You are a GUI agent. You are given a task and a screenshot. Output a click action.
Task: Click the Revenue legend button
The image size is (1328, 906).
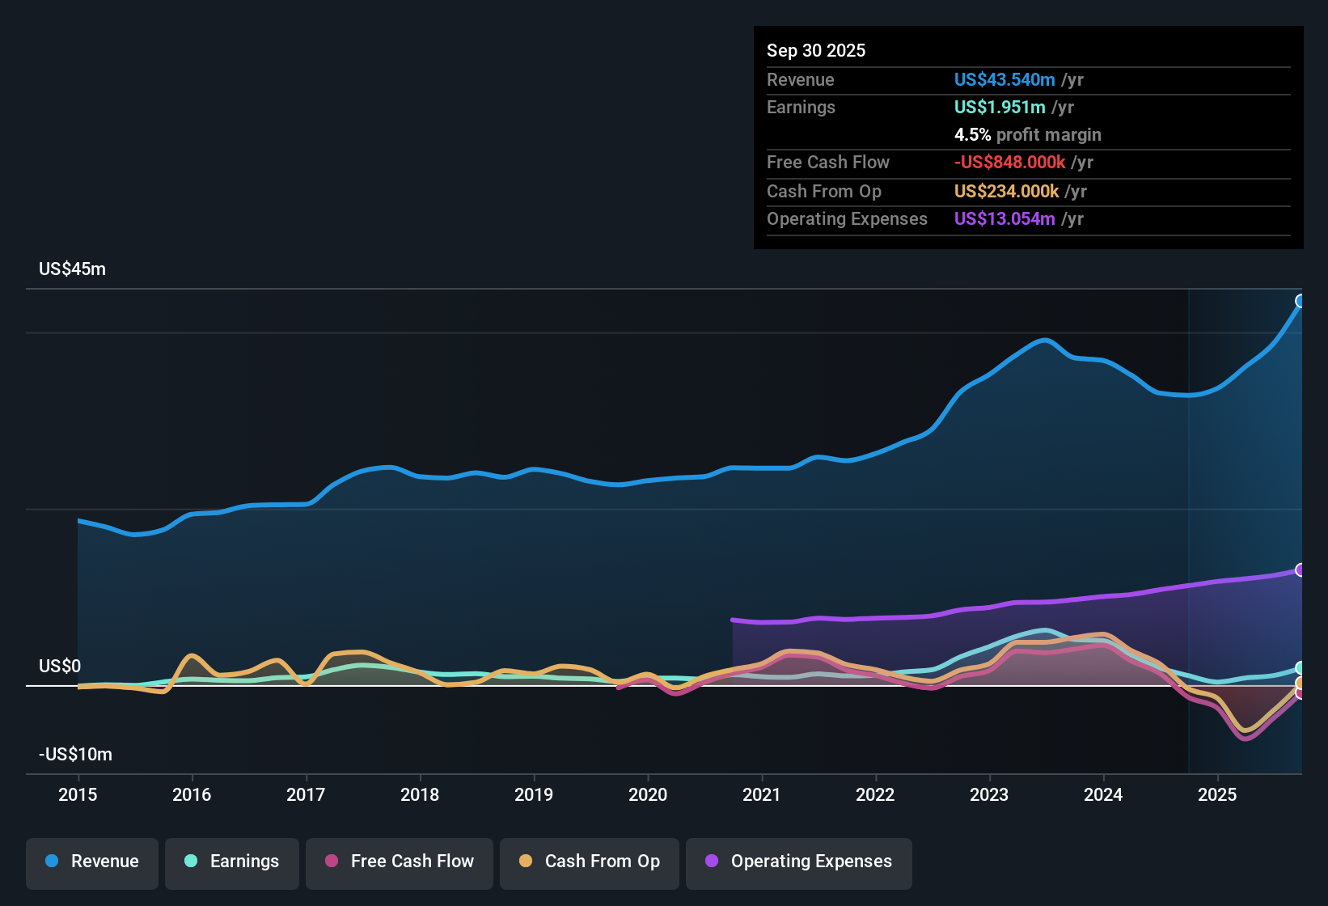[x=92, y=862]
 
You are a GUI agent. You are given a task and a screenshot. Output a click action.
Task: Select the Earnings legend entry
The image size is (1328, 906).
[x=231, y=862]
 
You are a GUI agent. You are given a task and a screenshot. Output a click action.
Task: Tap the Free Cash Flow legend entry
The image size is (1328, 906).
[x=400, y=862]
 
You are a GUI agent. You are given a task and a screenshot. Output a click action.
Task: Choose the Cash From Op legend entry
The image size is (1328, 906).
[x=590, y=862]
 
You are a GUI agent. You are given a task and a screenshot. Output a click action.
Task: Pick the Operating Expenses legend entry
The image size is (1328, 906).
[x=799, y=862]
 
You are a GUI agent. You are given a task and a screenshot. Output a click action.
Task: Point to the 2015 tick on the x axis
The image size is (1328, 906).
[x=78, y=794]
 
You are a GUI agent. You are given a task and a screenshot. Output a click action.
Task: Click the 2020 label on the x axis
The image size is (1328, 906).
[x=648, y=794]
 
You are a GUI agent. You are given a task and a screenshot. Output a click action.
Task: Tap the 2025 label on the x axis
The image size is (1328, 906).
[x=1217, y=794]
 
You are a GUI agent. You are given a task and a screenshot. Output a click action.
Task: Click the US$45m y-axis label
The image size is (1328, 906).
[x=72, y=269]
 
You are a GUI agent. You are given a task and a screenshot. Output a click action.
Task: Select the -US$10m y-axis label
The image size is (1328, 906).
[x=75, y=755]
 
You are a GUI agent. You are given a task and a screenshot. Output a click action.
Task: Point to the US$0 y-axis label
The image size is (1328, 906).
[x=60, y=667]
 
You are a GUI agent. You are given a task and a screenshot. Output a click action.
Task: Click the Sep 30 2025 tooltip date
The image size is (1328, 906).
[x=816, y=51]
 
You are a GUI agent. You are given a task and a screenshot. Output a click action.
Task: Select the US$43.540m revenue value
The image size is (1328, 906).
[x=1004, y=80]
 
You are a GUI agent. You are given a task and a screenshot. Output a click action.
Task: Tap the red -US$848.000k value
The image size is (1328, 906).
[x=1009, y=163]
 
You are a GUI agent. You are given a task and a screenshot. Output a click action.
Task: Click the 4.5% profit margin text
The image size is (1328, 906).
[x=1027, y=135]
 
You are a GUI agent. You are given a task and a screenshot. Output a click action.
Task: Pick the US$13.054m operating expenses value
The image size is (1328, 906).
[x=1004, y=219]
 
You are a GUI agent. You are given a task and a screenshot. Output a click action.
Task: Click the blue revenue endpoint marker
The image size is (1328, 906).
[x=1301, y=301]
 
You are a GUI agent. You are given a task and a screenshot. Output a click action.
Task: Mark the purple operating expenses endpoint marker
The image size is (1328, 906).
[x=1301, y=569]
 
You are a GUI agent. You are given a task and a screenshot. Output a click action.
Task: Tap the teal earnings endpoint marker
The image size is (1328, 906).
[x=1301, y=668]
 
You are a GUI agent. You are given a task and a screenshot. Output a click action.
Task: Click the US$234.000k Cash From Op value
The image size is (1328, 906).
[x=1006, y=192]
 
